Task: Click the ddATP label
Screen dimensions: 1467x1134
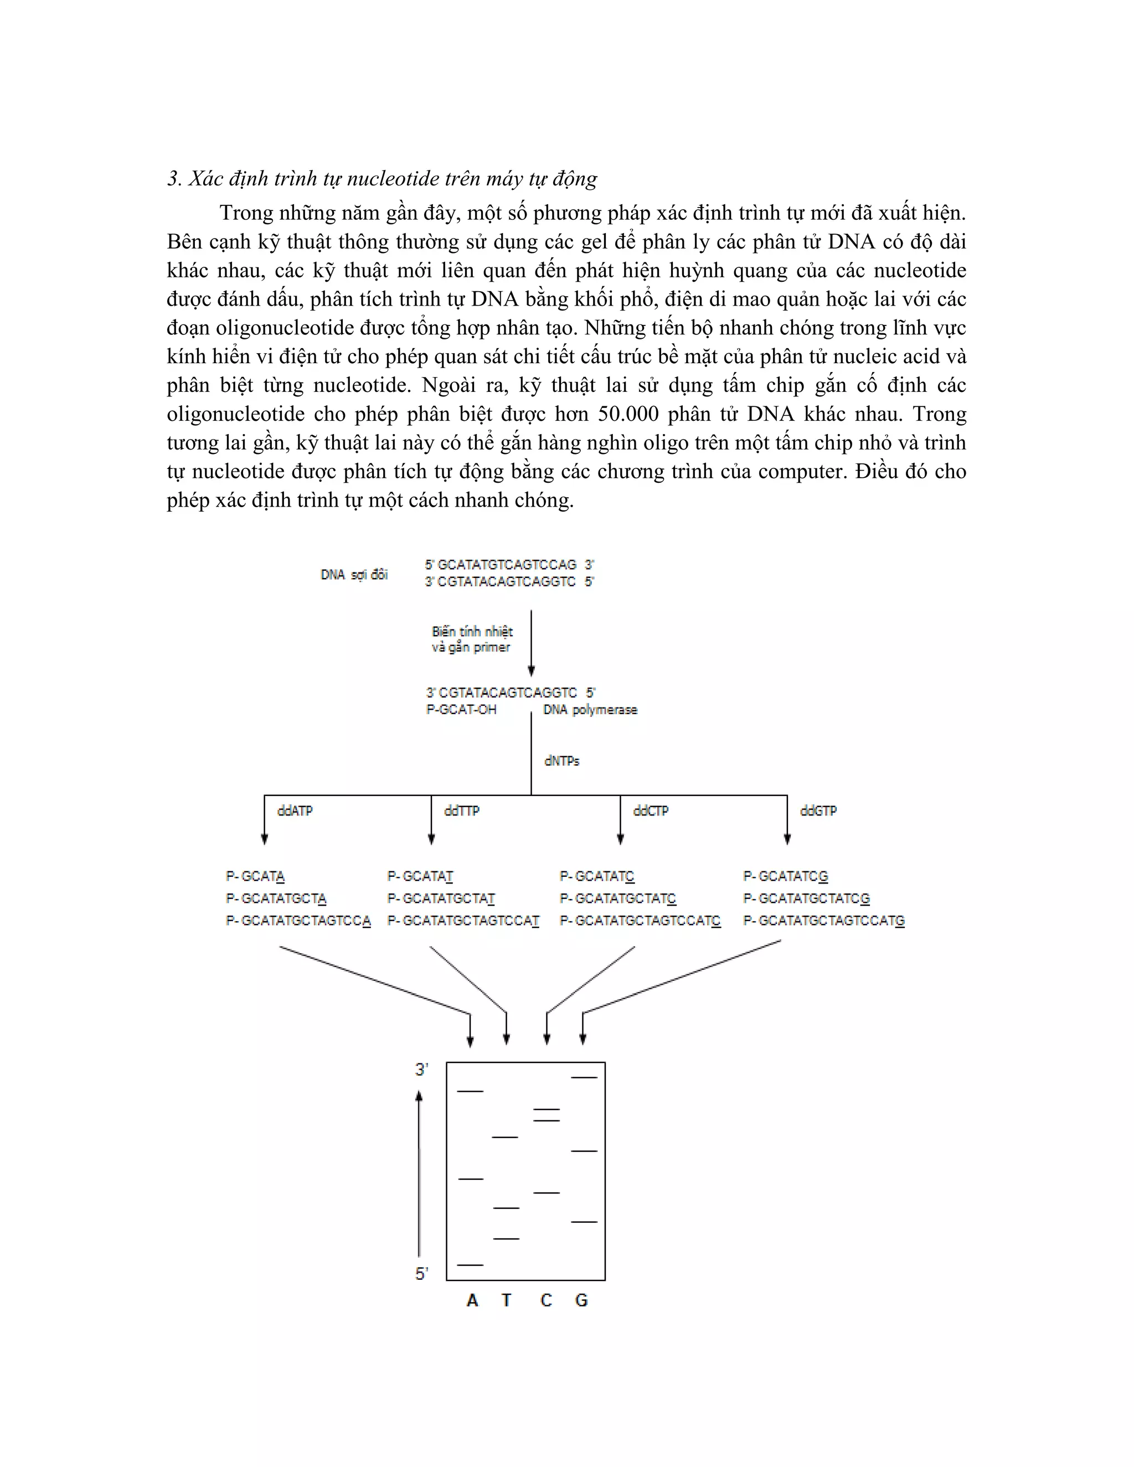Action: pyautogui.click(x=295, y=811)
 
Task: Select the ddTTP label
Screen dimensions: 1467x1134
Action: pyautogui.click(x=462, y=811)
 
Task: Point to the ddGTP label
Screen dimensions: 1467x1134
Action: pyautogui.click(x=818, y=811)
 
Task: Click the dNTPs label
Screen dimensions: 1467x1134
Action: pyautogui.click(x=561, y=761)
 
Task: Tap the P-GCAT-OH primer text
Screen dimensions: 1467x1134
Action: pyautogui.click(x=462, y=709)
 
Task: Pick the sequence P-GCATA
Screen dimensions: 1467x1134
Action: pyautogui.click(x=255, y=876)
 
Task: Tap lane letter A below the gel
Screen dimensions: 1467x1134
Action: pyautogui.click(x=472, y=1300)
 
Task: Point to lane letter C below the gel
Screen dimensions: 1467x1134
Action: pyautogui.click(x=546, y=1300)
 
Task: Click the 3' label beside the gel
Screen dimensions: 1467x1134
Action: pyautogui.click(x=421, y=1070)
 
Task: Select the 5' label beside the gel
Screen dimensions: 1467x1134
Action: pyautogui.click(x=421, y=1274)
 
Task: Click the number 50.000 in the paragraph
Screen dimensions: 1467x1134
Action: pyautogui.click(x=628, y=414)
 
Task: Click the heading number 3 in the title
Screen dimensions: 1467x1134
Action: pyautogui.click(x=173, y=179)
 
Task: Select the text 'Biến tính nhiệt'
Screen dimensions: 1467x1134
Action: pyautogui.click(x=472, y=632)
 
